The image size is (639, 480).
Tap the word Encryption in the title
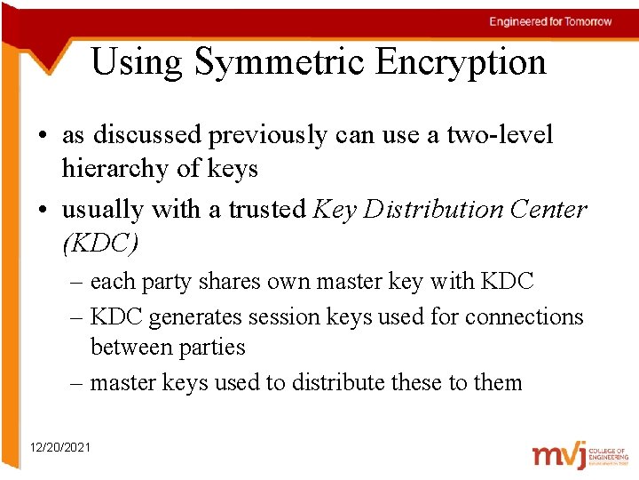(x=460, y=63)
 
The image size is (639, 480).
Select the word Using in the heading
(x=137, y=63)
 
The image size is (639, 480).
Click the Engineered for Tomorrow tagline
(x=550, y=21)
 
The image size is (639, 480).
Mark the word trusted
(x=266, y=210)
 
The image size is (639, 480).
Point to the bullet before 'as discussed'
(x=43, y=136)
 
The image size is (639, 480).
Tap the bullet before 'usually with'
(x=43, y=211)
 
